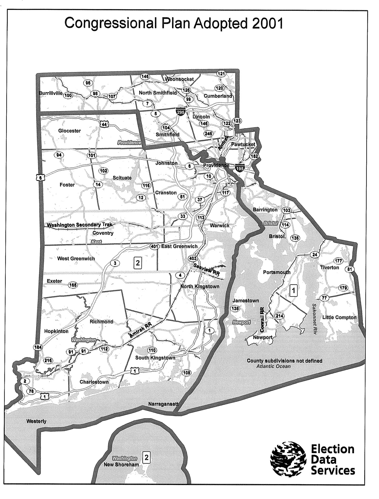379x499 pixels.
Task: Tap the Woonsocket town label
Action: (x=180, y=79)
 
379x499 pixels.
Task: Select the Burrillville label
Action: (x=51, y=93)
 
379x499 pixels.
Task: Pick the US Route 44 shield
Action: (x=104, y=124)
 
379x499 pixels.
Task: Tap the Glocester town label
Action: (x=70, y=131)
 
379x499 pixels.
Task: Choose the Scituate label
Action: (x=122, y=178)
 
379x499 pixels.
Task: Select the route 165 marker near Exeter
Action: (x=73, y=285)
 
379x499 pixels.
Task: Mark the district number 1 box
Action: (x=293, y=290)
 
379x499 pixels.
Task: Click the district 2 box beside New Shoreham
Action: (x=146, y=458)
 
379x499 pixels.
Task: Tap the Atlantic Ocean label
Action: (x=273, y=366)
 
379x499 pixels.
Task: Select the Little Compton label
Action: (x=339, y=317)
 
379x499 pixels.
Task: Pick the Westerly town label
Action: (x=36, y=421)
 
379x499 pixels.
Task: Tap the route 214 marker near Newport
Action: (x=280, y=316)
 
